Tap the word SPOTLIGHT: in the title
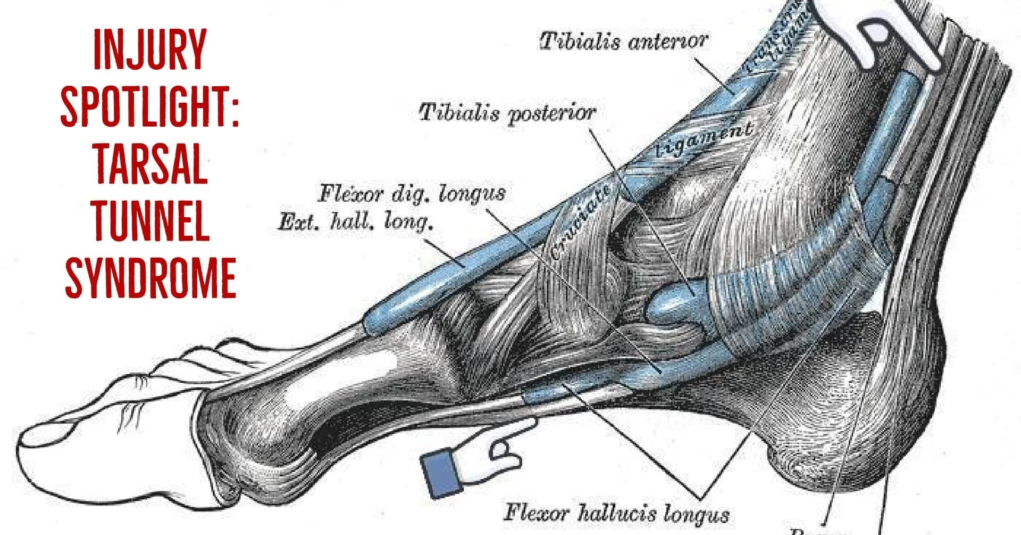(x=150, y=106)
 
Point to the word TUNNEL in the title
(x=150, y=220)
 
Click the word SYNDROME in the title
(x=150, y=277)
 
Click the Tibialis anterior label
(x=623, y=41)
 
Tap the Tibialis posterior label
(x=507, y=113)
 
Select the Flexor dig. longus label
(x=411, y=194)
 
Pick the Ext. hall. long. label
(x=355, y=221)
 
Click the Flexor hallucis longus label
(x=616, y=513)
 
